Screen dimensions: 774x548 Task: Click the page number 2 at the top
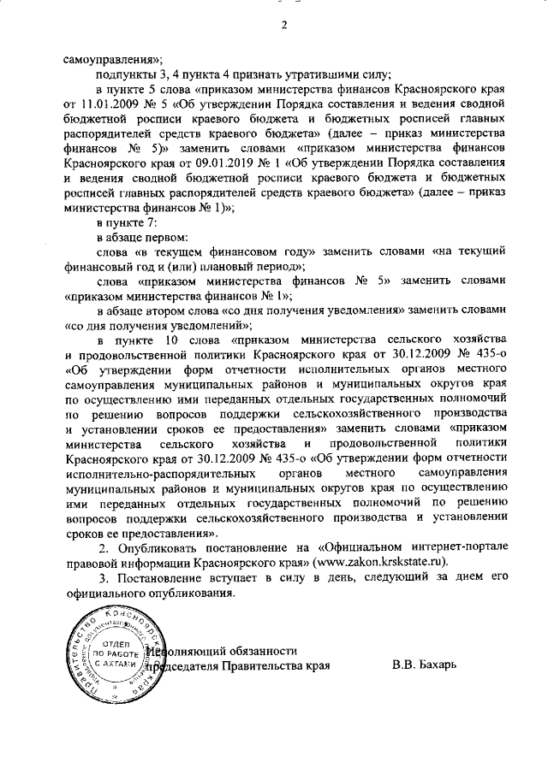pyautogui.click(x=283, y=23)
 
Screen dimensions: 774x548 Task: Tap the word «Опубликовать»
pyautogui.click(x=158, y=547)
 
